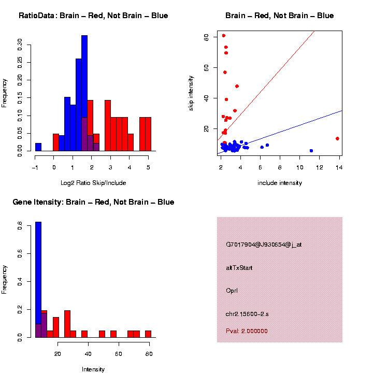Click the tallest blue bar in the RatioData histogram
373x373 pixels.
click(84, 93)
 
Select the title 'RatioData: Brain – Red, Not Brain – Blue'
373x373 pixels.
click(93, 16)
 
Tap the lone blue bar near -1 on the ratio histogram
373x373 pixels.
click(38, 147)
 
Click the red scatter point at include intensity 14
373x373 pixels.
click(337, 138)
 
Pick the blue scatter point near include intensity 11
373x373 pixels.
click(311, 151)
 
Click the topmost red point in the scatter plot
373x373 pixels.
click(223, 36)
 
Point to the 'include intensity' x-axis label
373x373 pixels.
click(279, 183)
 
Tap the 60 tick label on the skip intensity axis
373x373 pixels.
click(206, 67)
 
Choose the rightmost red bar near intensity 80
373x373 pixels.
click(148, 334)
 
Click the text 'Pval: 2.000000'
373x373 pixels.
click(247, 331)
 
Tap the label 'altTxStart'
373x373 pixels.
click(239, 268)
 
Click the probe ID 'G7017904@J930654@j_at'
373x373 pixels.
click(263, 245)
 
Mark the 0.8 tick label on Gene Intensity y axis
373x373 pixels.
click(19, 226)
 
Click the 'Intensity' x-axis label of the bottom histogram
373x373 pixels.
click(93, 369)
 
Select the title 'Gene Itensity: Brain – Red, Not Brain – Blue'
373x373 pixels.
click(93, 202)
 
